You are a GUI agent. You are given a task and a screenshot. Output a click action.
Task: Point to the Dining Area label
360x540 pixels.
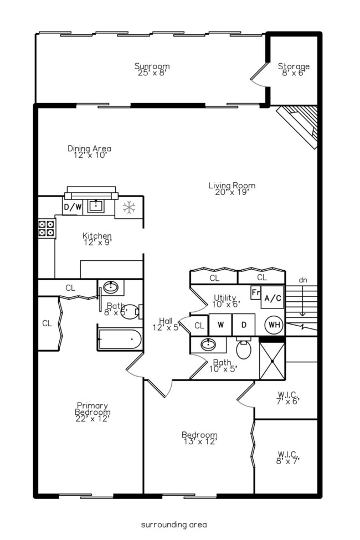tap(89, 151)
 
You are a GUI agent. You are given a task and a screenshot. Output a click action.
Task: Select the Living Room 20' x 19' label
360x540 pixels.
tap(232, 189)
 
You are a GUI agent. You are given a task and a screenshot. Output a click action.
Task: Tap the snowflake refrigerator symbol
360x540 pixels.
tap(129, 208)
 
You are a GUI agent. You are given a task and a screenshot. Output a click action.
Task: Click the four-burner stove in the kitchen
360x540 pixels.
tap(47, 228)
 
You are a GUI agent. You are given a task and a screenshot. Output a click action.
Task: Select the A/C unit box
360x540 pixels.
tap(272, 298)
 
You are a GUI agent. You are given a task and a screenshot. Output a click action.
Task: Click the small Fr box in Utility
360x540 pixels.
tap(256, 292)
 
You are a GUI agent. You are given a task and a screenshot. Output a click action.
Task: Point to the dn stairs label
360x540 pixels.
tap(303, 280)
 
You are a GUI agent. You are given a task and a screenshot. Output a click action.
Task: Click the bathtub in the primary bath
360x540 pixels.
tap(120, 338)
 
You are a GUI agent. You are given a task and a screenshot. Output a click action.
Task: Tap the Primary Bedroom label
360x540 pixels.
tap(92, 412)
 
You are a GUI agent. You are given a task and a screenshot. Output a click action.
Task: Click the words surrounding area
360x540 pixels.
tap(173, 524)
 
